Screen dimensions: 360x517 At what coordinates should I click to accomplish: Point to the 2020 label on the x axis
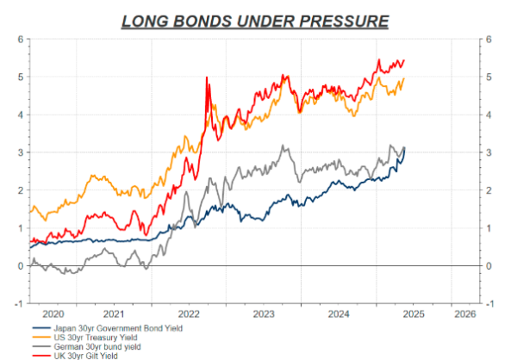pyautogui.click(x=53, y=313)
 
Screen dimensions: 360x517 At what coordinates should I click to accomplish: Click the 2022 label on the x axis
pyautogui.click(x=190, y=313)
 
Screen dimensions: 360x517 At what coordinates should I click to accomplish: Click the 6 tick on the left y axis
pyautogui.click(x=19, y=40)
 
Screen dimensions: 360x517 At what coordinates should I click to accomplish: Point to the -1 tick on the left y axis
pyautogui.click(x=17, y=303)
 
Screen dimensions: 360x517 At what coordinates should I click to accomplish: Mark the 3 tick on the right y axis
pyautogui.click(x=489, y=152)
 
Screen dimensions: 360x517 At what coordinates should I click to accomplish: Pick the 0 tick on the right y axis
pyautogui.click(x=489, y=265)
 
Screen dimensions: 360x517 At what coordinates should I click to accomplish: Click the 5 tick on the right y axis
pyautogui.click(x=489, y=78)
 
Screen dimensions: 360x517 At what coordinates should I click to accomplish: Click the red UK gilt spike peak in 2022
pyautogui.click(x=207, y=78)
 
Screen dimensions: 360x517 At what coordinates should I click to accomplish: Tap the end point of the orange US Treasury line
pyautogui.click(x=404, y=79)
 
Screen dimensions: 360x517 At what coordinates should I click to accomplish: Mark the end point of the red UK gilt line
pyautogui.click(x=404, y=61)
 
